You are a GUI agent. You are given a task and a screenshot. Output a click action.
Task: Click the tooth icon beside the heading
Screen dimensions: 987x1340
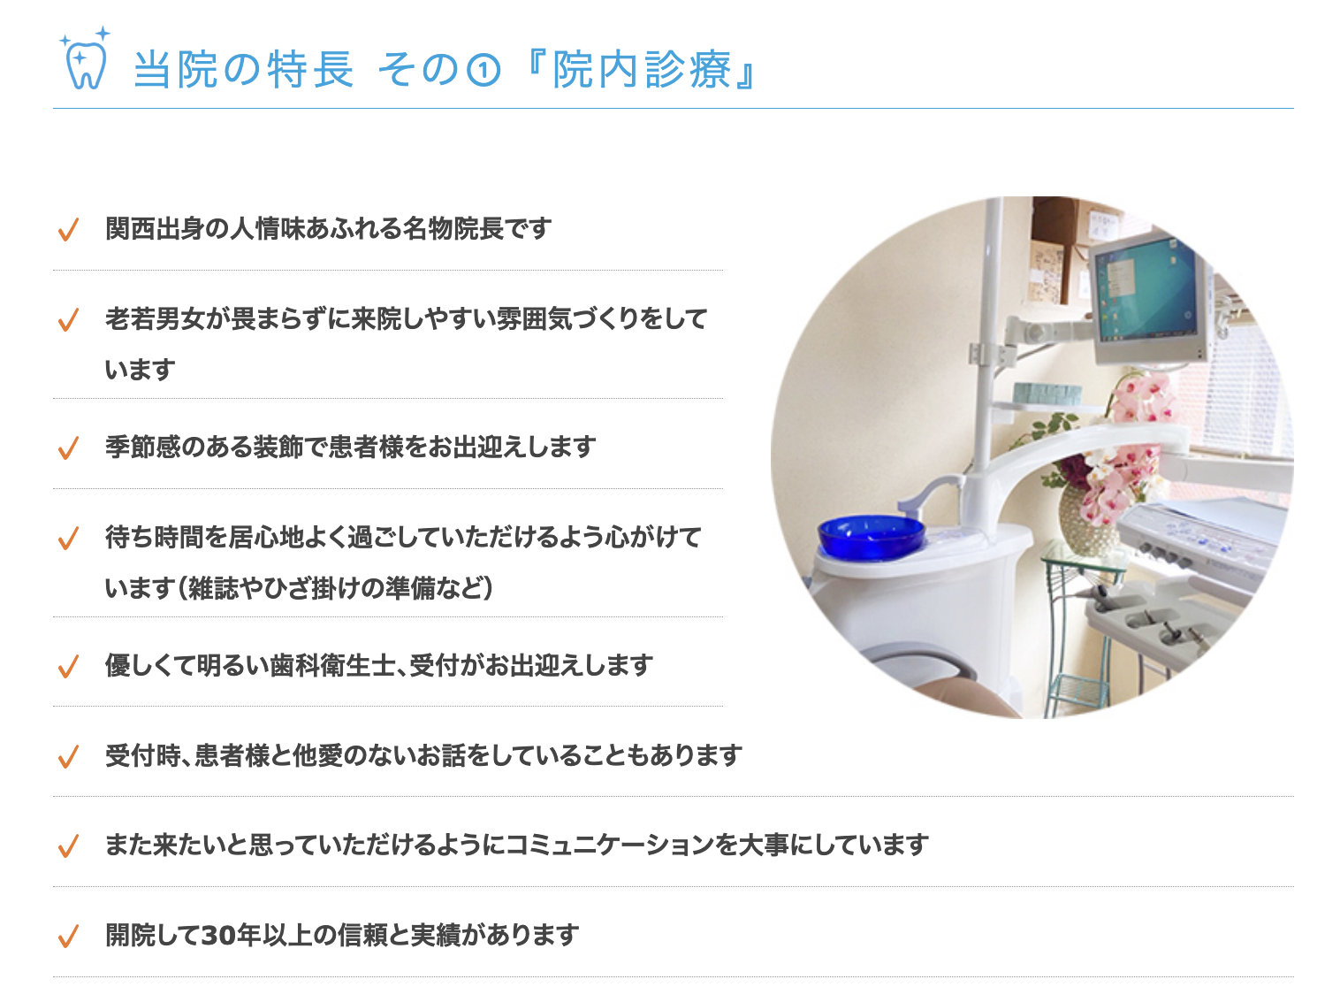85,60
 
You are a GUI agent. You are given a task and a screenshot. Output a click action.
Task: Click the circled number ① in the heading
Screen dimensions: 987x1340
483,70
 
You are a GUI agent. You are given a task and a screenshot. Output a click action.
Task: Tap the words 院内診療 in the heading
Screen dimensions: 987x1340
642,69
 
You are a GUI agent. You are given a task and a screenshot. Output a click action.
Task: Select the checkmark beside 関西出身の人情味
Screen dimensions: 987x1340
68,230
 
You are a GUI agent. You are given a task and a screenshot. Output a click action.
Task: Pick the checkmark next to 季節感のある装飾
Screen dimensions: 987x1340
68,448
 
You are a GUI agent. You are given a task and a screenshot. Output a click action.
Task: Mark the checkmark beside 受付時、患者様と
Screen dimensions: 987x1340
68,757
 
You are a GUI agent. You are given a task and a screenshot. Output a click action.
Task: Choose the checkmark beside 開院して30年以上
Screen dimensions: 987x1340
68,936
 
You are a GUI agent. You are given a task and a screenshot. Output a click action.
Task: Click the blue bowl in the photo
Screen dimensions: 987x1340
871,536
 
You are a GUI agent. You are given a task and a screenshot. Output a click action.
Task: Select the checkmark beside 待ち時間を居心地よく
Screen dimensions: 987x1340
68,539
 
